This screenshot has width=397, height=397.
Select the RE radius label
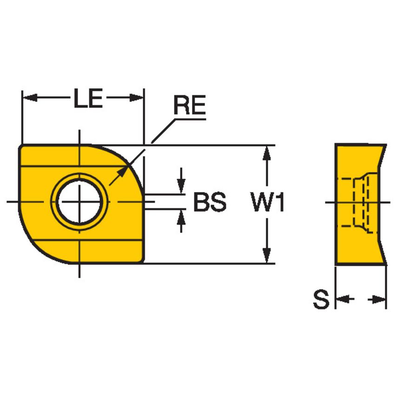(x=189, y=106)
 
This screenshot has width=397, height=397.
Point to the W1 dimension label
(x=267, y=203)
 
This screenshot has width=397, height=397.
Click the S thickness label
(x=321, y=300)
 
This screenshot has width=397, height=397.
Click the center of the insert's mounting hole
(x=79, y=202)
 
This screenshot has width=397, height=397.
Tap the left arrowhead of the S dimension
(x=342, y=300)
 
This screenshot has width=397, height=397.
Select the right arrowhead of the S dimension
(x=380, y=300)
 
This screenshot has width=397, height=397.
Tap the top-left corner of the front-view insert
(x=21, y=146)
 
